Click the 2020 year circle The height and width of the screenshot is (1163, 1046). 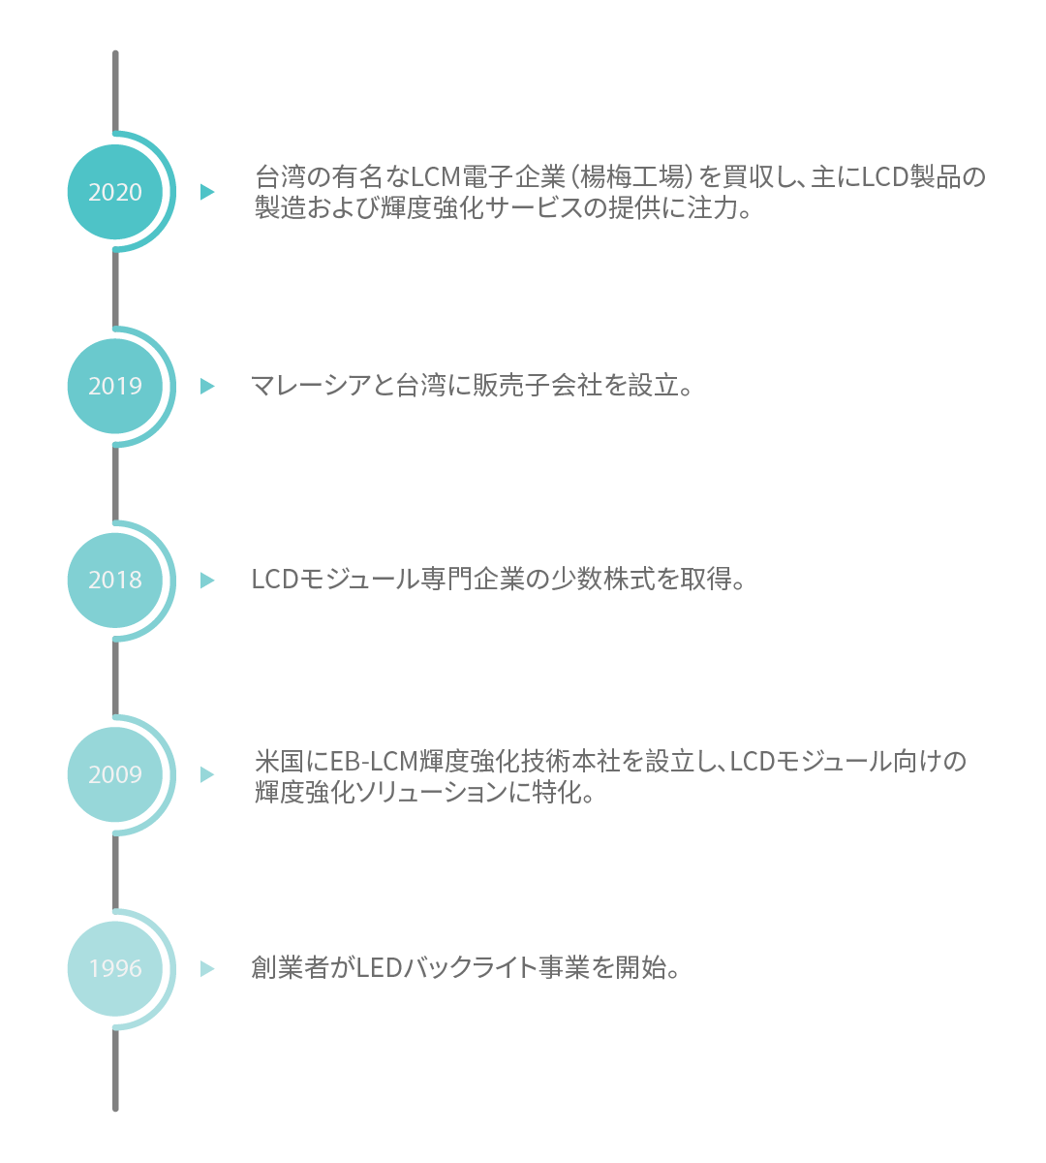pos(115,192)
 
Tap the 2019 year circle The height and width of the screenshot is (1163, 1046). pos(115,386)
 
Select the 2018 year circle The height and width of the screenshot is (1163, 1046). pos(115,580)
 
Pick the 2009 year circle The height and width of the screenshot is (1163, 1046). pos(115,774)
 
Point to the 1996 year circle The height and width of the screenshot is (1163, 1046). pos(115,968)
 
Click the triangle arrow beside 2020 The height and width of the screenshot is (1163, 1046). pos(206,192)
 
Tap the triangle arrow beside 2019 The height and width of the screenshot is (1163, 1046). pos(206,386)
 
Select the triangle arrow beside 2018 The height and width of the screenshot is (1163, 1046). pos(206,580)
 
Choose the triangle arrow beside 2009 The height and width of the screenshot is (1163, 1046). pos(206,774)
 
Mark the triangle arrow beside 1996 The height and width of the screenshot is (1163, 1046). pos(206,968)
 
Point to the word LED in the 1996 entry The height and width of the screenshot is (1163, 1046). pos(379,968)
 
